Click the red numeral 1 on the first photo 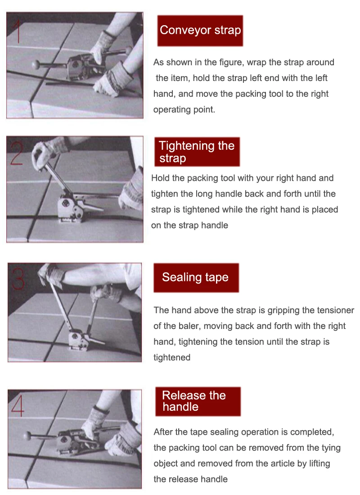18,31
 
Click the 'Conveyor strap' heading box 200,31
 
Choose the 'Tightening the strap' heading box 197,152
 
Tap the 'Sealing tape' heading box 196,278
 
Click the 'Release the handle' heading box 198,401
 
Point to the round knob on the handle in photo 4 27,436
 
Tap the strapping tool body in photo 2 71,208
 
